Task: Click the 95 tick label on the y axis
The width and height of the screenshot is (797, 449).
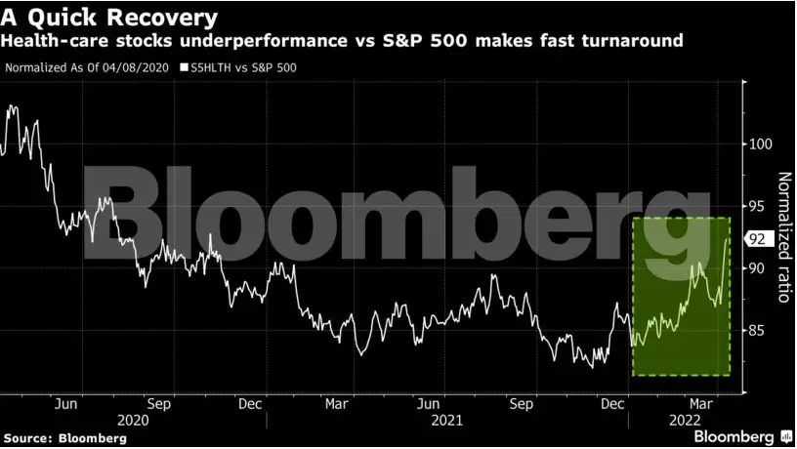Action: point(756,206)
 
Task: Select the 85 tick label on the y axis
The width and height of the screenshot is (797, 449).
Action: point(756,331)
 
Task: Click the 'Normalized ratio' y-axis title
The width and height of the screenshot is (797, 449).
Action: point(783,237)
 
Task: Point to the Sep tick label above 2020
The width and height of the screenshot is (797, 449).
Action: point(158,402)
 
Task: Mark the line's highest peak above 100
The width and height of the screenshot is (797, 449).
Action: point(10,105)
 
